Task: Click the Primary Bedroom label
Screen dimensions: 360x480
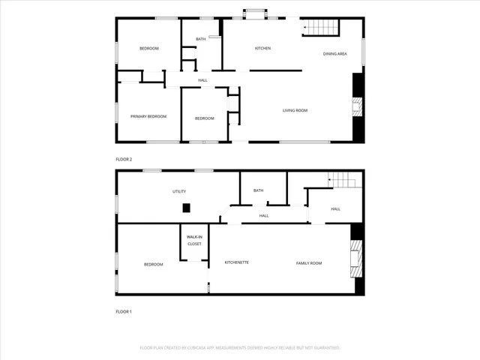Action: [148, 116]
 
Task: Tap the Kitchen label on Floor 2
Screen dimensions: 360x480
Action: [262, 49]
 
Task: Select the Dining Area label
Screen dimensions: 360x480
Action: [334, 54]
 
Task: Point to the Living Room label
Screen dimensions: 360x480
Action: [295, 110]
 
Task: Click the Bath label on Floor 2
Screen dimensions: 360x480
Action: [200, 39]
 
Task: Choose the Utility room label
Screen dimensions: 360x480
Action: [179, 191]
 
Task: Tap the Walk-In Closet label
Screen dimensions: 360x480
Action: [194, 240]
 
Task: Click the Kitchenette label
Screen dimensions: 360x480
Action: [237, 262]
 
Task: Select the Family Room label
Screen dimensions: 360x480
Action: [308, 262]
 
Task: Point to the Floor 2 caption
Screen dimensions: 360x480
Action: [124, 160]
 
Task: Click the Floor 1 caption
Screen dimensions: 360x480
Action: [124, 311]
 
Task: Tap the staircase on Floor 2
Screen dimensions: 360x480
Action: [321, 28]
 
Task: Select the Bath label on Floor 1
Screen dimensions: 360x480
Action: [258, 190]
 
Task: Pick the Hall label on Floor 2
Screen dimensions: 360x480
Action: [202, 80]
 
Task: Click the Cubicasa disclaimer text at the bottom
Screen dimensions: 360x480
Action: [240, 347]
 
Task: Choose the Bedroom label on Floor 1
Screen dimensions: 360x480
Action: [154, 264]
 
